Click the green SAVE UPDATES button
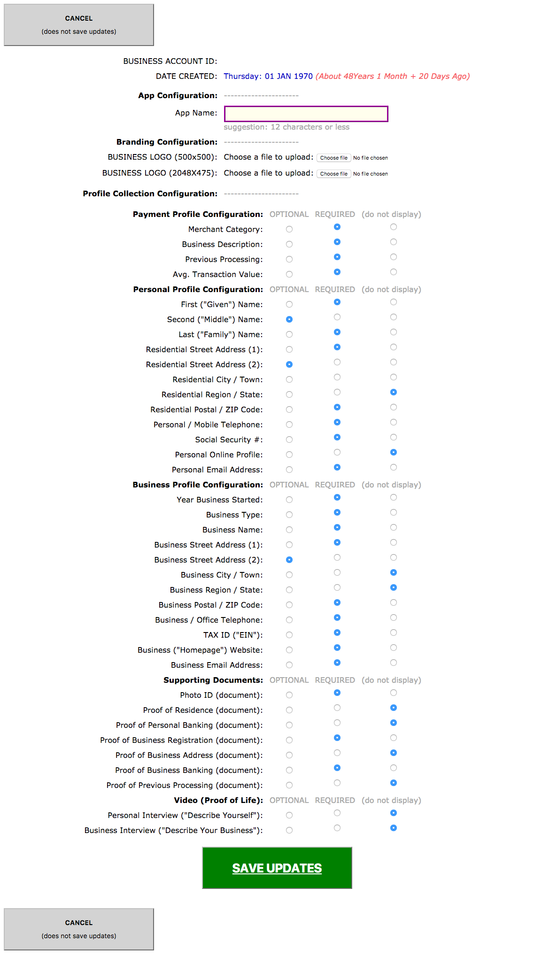277,868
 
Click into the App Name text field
306,114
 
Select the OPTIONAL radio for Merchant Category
289,229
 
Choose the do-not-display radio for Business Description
394,242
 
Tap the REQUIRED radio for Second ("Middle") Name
337,317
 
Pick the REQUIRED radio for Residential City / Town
337,377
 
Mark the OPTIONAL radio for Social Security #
289,440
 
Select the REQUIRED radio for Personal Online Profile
337,452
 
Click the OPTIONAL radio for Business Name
289,530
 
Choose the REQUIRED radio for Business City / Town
337,572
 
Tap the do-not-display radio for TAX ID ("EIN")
394,633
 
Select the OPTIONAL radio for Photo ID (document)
289,695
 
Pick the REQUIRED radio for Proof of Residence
337,708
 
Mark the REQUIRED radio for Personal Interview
337,813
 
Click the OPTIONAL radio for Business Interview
289,830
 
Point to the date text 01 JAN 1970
288,76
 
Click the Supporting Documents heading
213,680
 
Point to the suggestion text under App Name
286,127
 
